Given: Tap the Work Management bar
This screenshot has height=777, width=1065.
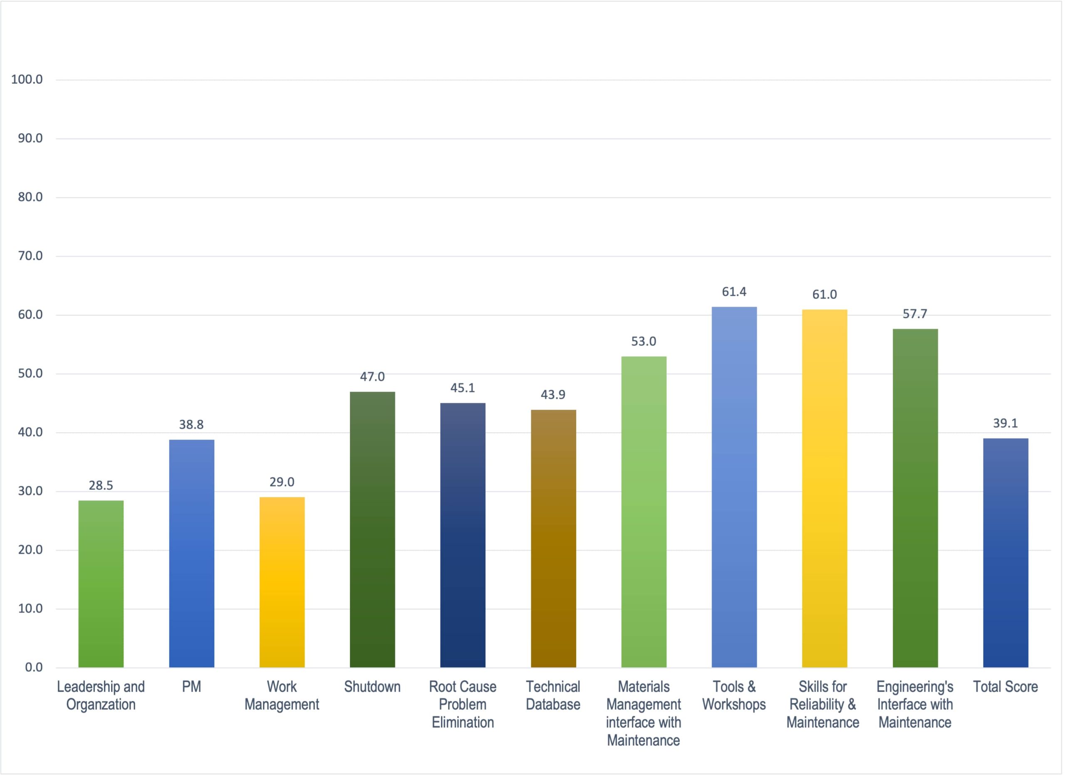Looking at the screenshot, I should tap(282, 582).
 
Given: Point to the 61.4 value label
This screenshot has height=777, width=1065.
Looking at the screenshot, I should tap(734, 292).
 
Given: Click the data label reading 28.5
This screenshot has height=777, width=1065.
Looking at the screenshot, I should tap(101, 485).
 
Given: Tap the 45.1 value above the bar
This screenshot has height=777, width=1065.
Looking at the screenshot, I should tap(463, 388).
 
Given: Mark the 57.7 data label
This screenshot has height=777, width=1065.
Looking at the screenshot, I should tap(914, 314).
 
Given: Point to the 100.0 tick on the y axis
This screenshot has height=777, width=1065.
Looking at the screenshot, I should tap(27, 79).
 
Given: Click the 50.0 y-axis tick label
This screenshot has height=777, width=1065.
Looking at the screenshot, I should tap(30, 374).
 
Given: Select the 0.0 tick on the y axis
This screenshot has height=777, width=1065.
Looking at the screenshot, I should tap(33, 668).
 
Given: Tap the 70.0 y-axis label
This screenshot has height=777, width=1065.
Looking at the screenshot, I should tap(30, 256).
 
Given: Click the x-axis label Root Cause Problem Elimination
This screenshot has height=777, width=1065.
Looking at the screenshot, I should tap(463, 704).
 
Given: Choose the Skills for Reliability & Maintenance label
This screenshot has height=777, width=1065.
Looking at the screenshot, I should tap(823, 704).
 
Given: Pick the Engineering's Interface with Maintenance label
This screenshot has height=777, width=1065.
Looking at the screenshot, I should tap(914, 704).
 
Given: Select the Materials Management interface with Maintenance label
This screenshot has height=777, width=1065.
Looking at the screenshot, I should tap(643, 713).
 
